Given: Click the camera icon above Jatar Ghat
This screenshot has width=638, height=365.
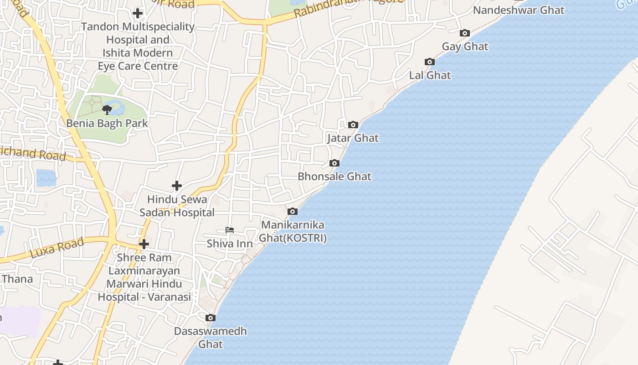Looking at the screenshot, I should click(x=353, y=125).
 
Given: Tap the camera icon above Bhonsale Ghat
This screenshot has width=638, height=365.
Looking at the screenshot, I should click(x=334, y=163).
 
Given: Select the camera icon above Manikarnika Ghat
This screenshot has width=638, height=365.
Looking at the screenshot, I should click(x=292, y=212).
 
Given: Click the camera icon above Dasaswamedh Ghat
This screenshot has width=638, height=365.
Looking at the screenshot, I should click(x=210, y=318).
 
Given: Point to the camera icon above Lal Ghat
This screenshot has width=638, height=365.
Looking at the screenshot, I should click(x=429, y=62).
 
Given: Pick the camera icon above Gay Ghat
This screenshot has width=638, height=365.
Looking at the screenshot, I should click(x=464, y=33).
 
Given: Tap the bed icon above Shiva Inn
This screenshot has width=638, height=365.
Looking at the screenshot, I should click(x=230, y=230).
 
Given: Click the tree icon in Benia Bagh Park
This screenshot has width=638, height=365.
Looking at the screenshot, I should click(x=107, y=109).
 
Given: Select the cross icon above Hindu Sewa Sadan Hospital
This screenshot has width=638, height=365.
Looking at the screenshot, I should click(x=176, y=186).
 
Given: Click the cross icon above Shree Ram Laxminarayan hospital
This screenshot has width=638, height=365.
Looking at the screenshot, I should click(x=144, y=244).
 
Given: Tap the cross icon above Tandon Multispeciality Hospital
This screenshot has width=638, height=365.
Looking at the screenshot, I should click(x=137, y=13).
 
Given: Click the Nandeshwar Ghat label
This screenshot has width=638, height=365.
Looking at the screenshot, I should click(x=519, y=10).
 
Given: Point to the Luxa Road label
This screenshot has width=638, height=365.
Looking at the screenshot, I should click(x=57, y=248).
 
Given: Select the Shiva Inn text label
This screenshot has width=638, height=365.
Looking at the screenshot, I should click(x=230, y=244).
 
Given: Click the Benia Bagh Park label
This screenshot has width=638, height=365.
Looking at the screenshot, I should click(x=107, y=123).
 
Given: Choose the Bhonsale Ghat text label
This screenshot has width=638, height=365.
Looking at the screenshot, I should click(x=334, y=177).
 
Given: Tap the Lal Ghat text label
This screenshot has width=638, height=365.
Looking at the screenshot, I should click(x=430, y=75).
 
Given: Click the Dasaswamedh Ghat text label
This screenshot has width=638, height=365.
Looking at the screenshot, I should click(x=211, y=337).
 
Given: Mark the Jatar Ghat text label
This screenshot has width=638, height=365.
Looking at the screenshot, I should click(x=353, y=138).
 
